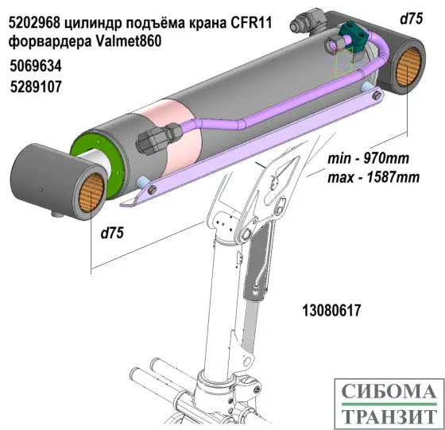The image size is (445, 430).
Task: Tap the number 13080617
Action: click(331, 310)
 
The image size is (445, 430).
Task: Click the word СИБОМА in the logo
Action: click(388, 392)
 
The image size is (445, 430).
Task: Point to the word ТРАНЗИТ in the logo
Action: click(388, 414)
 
